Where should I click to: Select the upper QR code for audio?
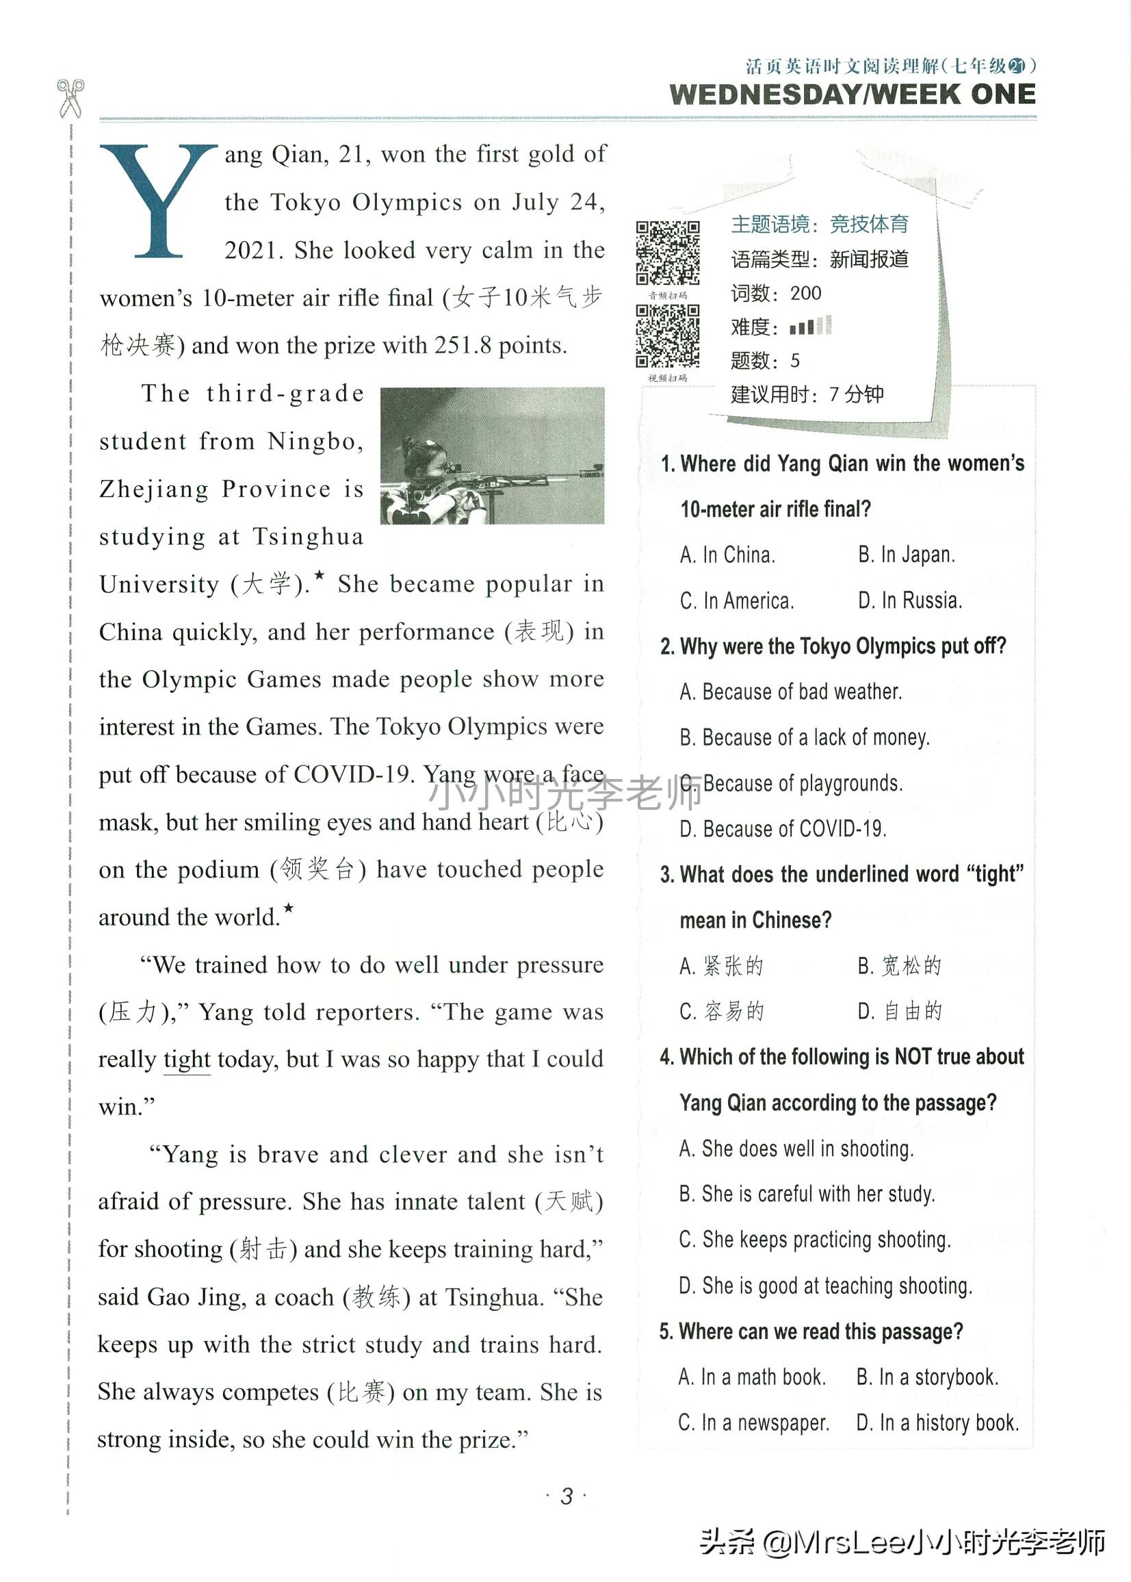coord(667,253)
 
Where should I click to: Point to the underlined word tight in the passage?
coord(187,1060)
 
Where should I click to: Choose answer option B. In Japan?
coord(906,555)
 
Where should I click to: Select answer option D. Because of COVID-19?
coord(783,829)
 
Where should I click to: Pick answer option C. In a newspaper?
coord(753,1422)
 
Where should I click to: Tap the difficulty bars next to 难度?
coord(811,326)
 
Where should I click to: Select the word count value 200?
coord(806,293)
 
